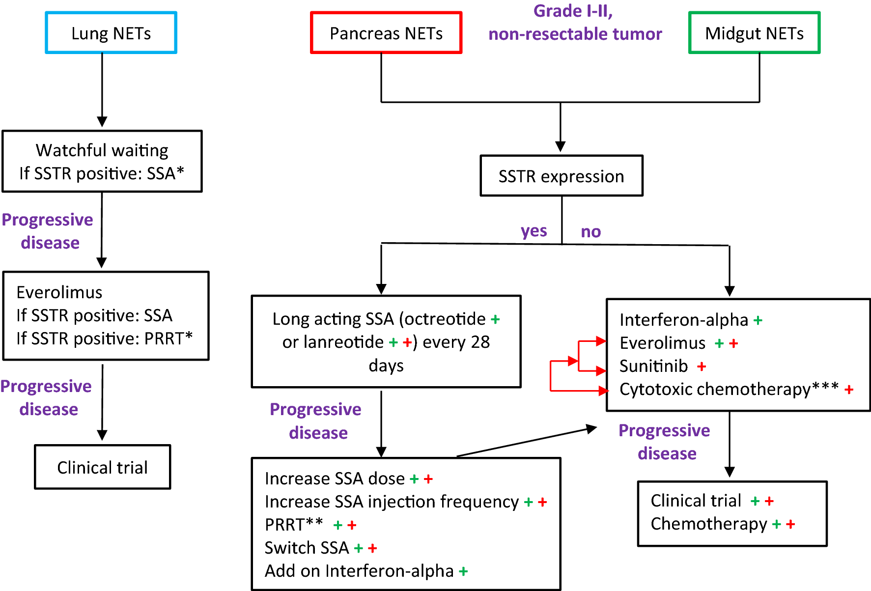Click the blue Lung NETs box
click(x=111, y=33)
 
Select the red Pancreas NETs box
click(x=386, y=33)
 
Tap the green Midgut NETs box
click(x=754, y=33)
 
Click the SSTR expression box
click(x=561, y=176)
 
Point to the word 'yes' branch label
click(x=534, y=231)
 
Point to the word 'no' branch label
click(x=590, y=231)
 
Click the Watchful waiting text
click(x=102, y=150)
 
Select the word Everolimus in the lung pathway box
click(x=59, y=292)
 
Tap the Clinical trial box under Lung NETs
click(x=102, y=467)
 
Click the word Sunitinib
click(x=653, y=366)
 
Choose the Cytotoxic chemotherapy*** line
click(x=729, y=389)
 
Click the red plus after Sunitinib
click(x=702, y=366)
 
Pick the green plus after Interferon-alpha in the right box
click(x=758, y=321)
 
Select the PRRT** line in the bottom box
click(x=294, y=525)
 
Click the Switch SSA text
click(x=307, y=548)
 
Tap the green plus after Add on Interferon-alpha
click(x=463, y=571)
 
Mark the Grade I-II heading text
click(x=573, y=11)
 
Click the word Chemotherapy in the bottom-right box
click(x=708, y=524)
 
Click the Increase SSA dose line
click(x=334, y=478)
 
